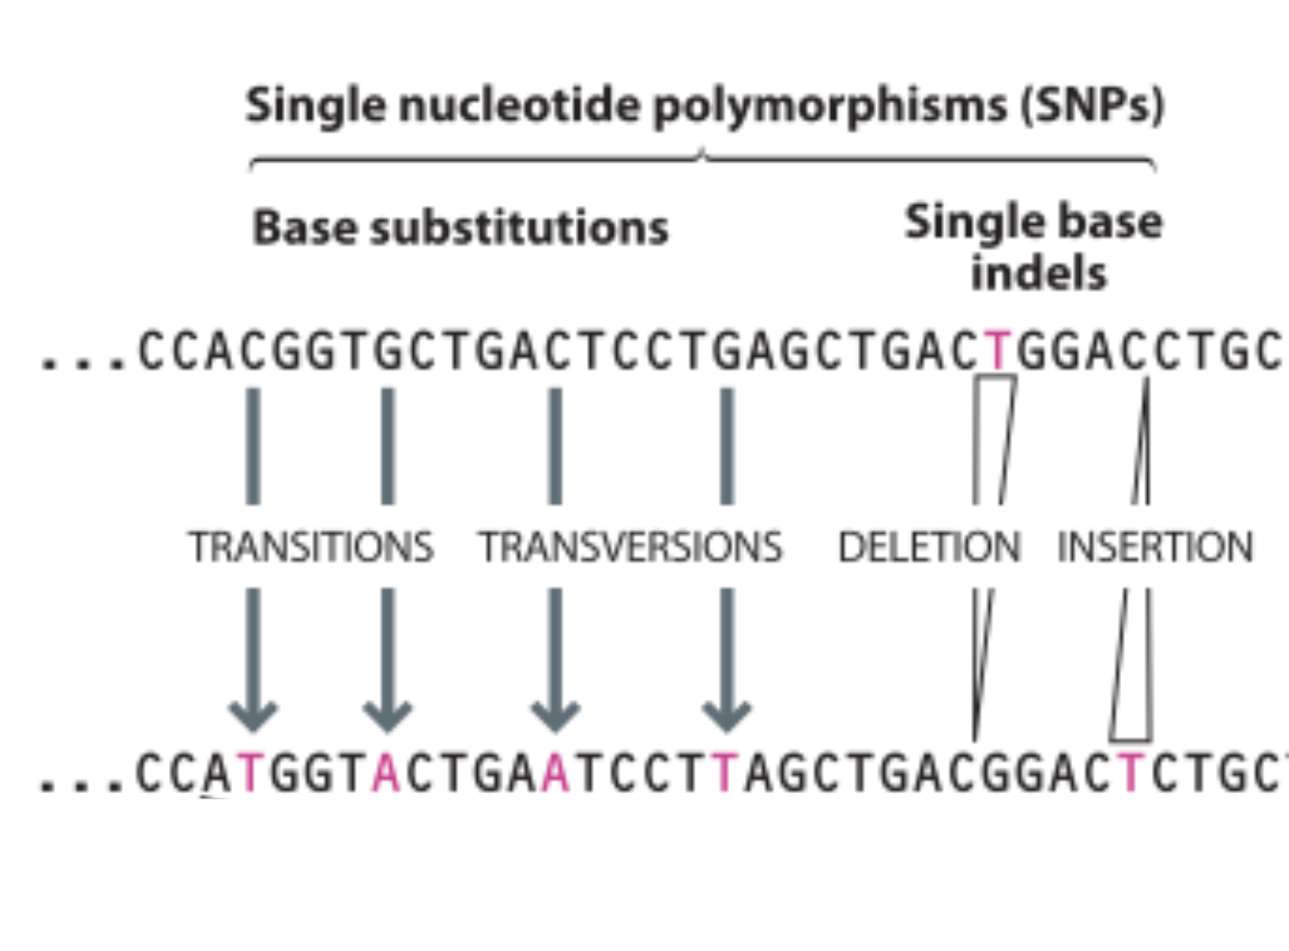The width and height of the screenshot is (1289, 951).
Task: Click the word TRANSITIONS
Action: point(311,546)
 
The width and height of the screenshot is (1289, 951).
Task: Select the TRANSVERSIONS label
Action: point(630,546)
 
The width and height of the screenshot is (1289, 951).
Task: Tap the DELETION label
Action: point(929,546)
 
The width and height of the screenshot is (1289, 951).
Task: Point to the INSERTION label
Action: point(1155,546)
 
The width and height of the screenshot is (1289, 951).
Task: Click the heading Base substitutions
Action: point(461,227)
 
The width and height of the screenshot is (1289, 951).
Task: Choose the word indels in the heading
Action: point(1039,273)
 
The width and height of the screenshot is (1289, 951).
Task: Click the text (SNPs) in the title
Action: point(1093,106)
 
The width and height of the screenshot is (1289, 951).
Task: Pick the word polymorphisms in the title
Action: point(830,106)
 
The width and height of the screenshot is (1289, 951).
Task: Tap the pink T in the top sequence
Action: point(998,351)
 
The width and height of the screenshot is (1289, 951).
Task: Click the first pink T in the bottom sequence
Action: point(250,773)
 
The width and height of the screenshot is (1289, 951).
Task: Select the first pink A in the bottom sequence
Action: point(387,773)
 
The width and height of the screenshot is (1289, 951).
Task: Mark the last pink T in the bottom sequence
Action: point(1130,773)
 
